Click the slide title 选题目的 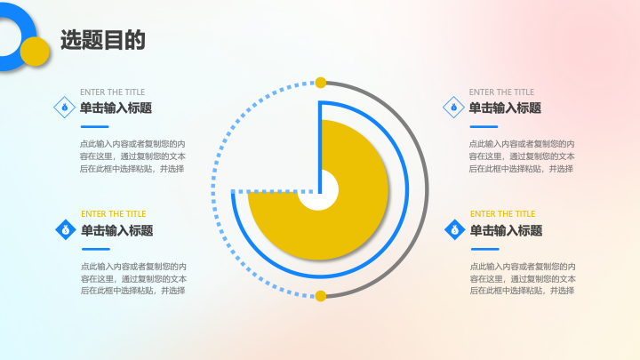click(x=103, y=40)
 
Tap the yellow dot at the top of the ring click(x=321, y=83)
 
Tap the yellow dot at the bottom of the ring click(x=321, y=296)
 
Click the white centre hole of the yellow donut click(x=318, y=190)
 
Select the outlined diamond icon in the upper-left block click(x=65, y=108)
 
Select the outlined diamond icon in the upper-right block click(x=453, y=108)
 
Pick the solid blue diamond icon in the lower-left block click(x=66, y=230)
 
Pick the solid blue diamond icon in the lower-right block click(x=455, y=230)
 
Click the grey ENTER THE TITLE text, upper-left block click(x=112, y=92)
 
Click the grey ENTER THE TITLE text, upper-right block click(x=501, y=92)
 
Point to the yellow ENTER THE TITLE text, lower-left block click(x=114, y=214)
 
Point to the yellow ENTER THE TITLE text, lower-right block click(x=502, y=214)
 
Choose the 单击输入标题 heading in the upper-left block click(x=116, y=108)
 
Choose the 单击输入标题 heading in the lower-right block click(x=506, y=230)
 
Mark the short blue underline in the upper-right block click(x=484, y=126)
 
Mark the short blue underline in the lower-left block click(x=96, y=249)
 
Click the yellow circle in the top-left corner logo click(x=35, y=52)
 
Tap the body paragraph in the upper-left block click(x=132, y=156)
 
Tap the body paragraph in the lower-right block click(x=523, y=278)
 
